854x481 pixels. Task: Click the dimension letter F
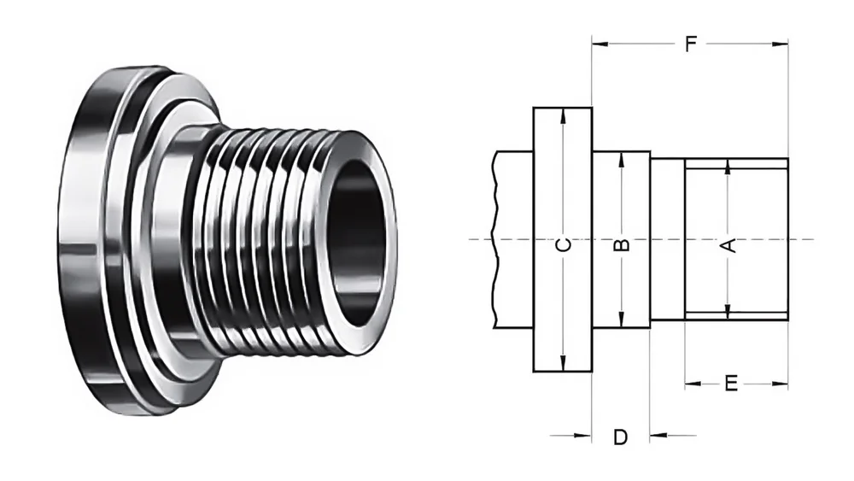[690, 44]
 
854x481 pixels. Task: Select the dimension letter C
[562, 245]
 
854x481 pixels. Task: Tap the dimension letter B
[622, 245]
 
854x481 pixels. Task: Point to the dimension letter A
[728, 246]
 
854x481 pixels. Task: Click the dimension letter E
[730, 384]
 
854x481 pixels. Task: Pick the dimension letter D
[621, 437]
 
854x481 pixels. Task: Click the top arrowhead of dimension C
[562, 114]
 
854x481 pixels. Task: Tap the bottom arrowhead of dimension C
[562, 365]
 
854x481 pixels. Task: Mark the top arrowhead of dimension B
[622, 159]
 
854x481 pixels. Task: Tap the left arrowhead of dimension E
[691, 384]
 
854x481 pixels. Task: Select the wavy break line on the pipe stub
[494, 239]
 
